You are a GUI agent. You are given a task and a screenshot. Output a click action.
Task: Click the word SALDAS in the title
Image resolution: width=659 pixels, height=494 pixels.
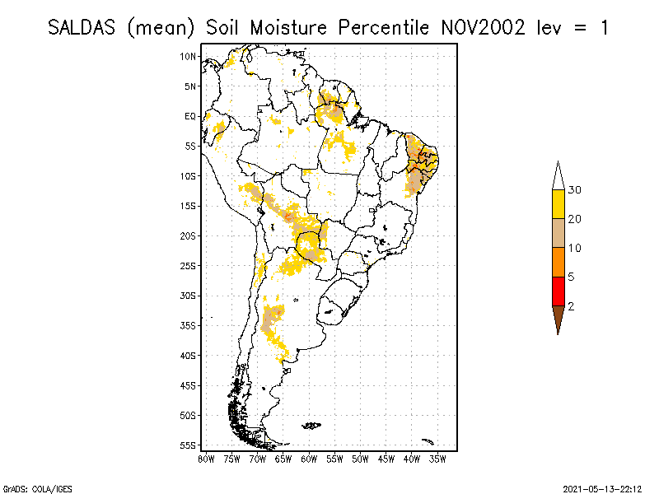82,27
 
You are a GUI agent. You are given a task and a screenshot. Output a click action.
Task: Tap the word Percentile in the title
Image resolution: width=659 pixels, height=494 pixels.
384,27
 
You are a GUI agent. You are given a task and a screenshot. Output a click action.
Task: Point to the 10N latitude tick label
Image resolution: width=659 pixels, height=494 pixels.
189,56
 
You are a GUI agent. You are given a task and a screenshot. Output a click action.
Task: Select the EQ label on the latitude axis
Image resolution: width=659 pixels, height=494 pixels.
190,116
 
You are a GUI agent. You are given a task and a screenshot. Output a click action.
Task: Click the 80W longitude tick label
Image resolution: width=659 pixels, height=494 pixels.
206,459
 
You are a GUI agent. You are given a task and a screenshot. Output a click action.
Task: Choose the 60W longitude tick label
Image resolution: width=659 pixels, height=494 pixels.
309,459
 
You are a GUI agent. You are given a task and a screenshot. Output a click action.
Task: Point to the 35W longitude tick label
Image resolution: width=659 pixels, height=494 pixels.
437,459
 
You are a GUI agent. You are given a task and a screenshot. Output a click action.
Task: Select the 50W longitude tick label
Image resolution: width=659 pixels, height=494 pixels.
360,459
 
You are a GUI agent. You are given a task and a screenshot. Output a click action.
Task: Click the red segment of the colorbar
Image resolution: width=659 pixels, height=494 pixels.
558,291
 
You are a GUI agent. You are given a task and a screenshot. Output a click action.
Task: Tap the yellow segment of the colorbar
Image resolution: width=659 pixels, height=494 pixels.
558,204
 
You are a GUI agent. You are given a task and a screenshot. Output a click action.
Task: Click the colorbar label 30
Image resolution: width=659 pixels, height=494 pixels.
575,190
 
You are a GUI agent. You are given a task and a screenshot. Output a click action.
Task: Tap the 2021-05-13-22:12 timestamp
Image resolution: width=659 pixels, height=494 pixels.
603,487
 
